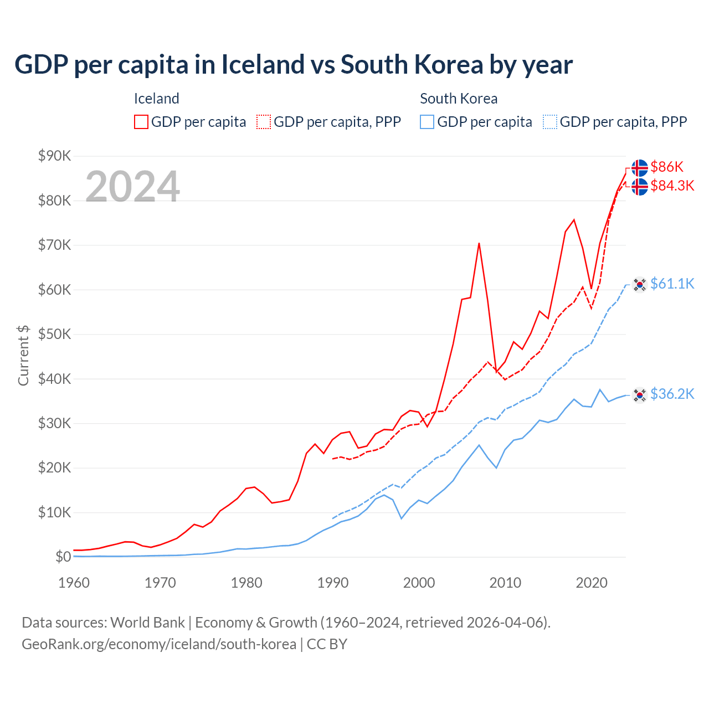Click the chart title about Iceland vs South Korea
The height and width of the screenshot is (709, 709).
pyautogui.click(x=294, y=65)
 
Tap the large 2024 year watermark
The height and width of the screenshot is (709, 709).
pyautogui.click(x=132, y=187)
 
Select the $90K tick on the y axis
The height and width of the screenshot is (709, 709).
pyautogui.click(x=54, y=156)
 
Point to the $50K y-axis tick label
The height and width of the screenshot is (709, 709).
pyautogui.click(x=54, y=334)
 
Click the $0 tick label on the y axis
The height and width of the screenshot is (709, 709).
pyautogui.click(x=63, y=557)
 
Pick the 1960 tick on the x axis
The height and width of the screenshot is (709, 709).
pyautogui.click(x=74, y=583)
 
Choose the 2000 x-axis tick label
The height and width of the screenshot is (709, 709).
pyautogui.click(x=419, y=583)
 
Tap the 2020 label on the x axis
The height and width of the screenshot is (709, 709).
pyautogui.click(x=592, y=583)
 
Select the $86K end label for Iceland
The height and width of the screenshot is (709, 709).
pyautogui.click(x=667, y=167)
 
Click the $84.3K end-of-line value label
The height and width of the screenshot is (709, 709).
pyautogui.click(x=672, y=186)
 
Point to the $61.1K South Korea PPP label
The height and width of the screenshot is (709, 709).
pyautogui.click(x=672, y=284)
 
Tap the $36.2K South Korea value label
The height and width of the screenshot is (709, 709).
pyautogui.click(x=672, y=394)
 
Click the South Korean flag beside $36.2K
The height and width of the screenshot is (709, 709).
pyautogui.click(x=640, y=395)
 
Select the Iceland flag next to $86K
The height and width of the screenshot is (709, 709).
pyautogui.click(x=640, y=168)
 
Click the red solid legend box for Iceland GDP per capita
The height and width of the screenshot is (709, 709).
pyautogui.click(x=141, y=122)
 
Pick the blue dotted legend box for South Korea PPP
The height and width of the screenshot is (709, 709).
pyautogui.click(x=550, y=122)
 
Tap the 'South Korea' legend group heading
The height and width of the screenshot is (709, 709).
pyautogui.click(x=459, y=99)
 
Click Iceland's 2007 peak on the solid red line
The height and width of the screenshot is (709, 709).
pyautogui.click(x=479, y=243)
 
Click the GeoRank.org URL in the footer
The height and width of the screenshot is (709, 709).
pyautogui.click(x=159, y=644)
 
